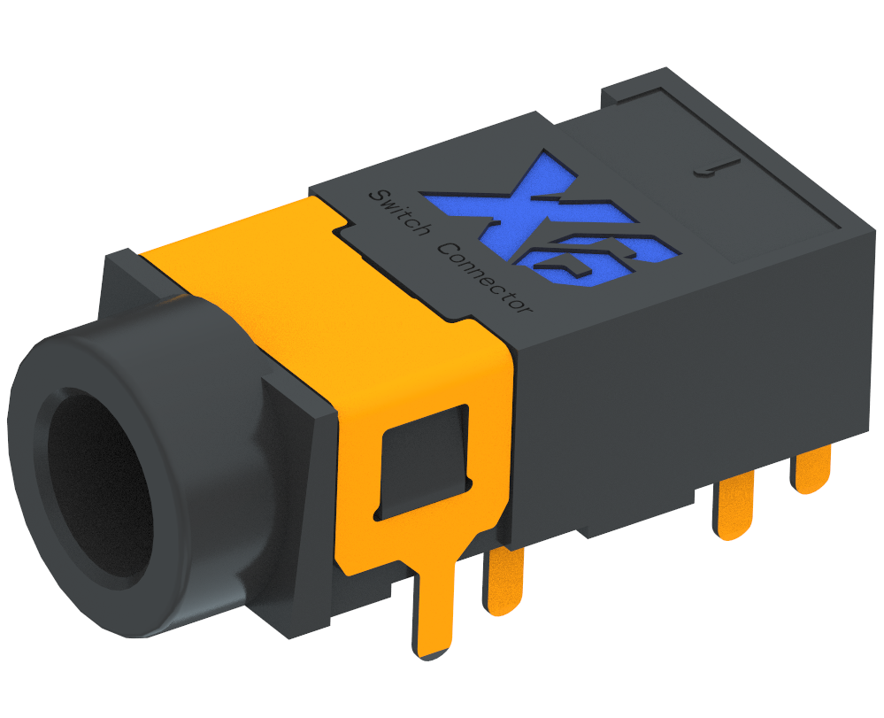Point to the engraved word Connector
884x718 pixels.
tap(487, 280)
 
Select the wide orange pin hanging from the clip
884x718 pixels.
tap(433, 611)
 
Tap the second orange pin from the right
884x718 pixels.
tap(734, 509)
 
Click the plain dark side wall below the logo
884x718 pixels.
tap(673, 390)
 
